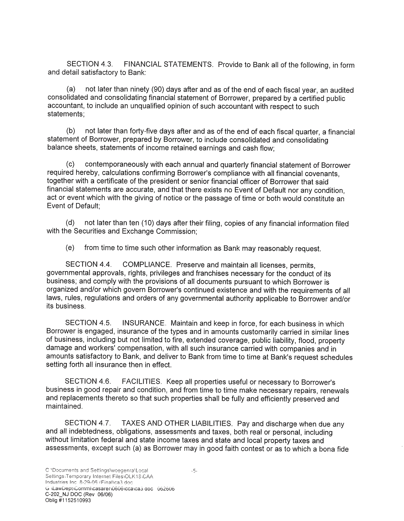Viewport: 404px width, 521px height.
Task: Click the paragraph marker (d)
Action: (x=70, y=223)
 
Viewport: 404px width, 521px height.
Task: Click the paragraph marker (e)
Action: (x=70, y=248)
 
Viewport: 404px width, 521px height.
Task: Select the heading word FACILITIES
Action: (x=142, y=382)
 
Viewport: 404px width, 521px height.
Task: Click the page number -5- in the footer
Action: (x=194, y=471)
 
